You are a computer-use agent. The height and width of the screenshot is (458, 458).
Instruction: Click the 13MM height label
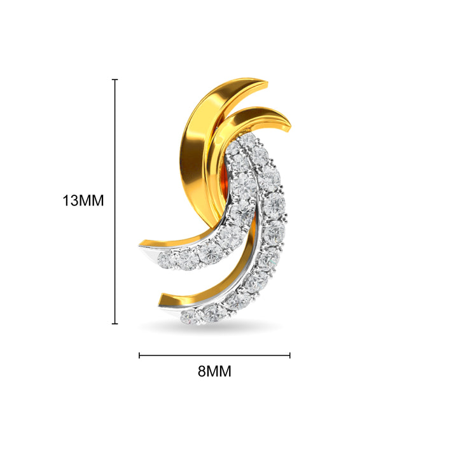click(83, 200)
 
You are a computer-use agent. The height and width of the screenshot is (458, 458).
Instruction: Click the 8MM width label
click(214, 372)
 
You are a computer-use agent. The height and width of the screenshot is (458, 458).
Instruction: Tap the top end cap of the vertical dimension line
click(115, 80)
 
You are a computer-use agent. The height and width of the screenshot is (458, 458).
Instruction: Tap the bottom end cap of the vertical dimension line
click(115, 324)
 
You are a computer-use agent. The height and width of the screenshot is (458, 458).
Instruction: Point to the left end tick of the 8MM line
click(139, 356)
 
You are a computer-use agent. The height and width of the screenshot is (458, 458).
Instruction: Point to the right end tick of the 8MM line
click(290, 356)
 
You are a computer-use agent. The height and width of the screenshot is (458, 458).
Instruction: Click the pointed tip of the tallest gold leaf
click(265, 81)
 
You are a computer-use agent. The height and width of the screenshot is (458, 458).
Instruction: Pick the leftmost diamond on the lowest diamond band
click(188, 316)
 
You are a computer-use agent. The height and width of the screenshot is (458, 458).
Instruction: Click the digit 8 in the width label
click(202, 372)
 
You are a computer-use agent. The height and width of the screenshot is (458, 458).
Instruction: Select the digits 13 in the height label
click(69, 200)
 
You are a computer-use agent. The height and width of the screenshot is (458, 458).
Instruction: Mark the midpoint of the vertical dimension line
click(115, 202)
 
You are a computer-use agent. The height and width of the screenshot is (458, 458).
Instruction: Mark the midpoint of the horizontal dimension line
click(214, 356)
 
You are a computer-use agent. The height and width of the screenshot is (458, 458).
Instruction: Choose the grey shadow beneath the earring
click(210, 326)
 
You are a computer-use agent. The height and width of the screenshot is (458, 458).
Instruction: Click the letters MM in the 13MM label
click(90, 200)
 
